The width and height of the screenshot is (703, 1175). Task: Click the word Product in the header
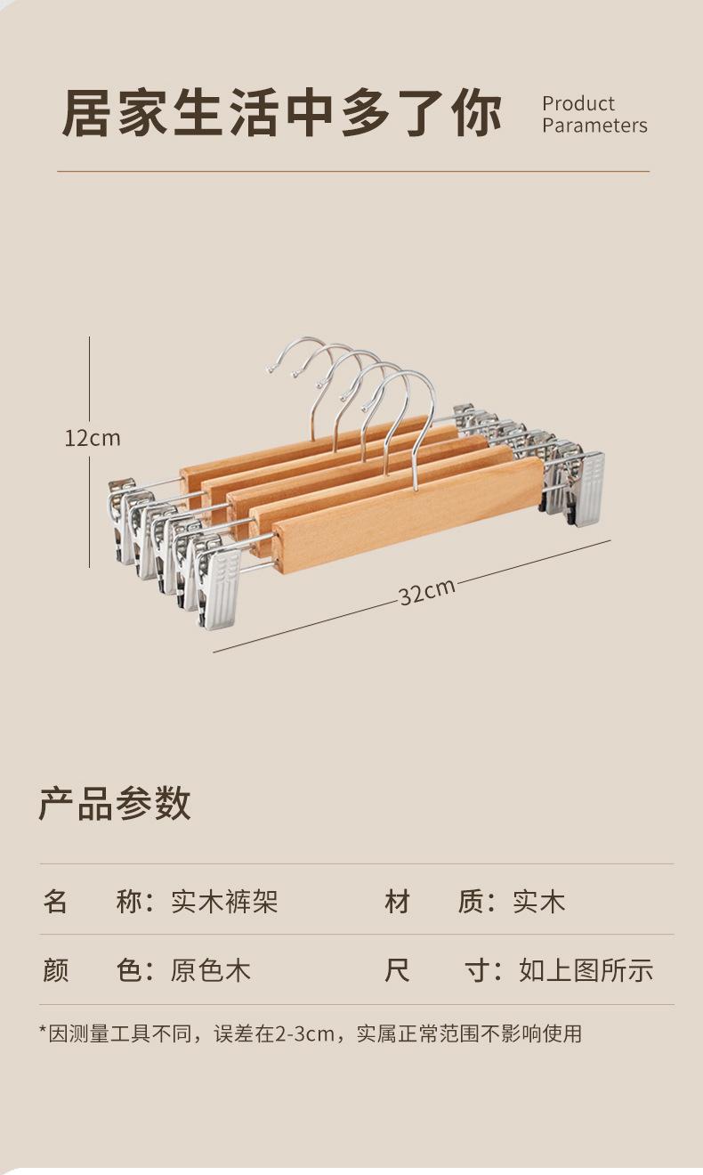(578, 103)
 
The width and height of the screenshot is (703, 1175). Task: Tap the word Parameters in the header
(594, 126)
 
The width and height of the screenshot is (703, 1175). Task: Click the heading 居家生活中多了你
(282, 114)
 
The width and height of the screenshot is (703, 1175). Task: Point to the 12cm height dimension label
(92, 438)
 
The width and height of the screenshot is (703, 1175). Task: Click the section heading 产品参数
(114, 803)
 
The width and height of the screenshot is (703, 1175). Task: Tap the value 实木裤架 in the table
(224, 902)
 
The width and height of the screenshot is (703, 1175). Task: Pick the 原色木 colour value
(211, 969)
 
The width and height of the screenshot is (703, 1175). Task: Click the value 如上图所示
(586, 969)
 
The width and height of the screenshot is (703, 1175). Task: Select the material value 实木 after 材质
(538, 902)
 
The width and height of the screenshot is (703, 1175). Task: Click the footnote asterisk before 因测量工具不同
(42, 1033)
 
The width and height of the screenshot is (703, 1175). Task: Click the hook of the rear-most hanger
(298, 352)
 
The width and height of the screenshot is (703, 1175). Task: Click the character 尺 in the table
(397, 969)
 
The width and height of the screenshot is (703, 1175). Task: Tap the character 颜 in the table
(55, 969)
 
